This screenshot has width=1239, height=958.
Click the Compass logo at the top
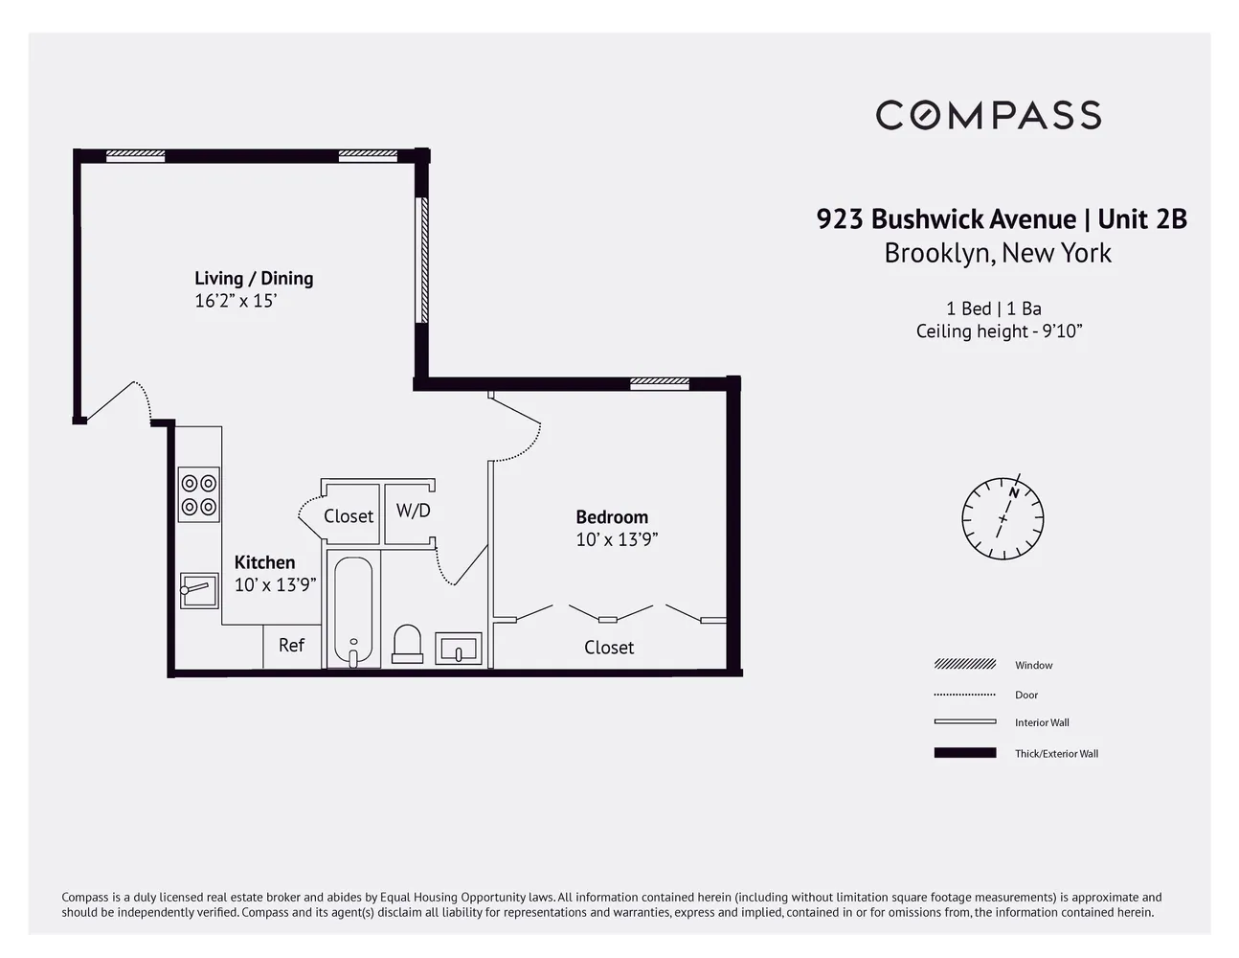[988, 115]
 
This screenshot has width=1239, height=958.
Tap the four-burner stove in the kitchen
[198, 494]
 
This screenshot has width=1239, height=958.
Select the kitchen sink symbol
[199, 590]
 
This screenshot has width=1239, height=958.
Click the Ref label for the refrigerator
[291, 645]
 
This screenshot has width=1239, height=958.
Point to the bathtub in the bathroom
[353, 611]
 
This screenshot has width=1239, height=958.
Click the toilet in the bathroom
[407, 644]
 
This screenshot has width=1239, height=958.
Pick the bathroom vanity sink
[459, 649]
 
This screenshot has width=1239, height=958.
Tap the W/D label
[414, 511]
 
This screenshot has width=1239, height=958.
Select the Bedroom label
[612, 516]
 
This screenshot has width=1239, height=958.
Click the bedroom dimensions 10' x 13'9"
[617, 539]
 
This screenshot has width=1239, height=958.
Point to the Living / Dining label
[254, 278]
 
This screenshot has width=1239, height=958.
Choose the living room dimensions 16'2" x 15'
[236, 301]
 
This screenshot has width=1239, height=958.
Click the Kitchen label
[264, 562]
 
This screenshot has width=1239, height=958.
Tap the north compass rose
[1002, 517]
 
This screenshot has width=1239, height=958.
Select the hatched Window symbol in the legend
[965, 664]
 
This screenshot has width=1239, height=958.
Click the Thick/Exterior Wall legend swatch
[965, 753]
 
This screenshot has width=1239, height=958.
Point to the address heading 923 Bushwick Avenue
[946, 219]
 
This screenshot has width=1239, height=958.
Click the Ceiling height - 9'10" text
[999, 331]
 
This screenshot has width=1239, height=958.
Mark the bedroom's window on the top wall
[659, 383]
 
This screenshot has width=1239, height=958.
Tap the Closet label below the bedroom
[609, 648]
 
